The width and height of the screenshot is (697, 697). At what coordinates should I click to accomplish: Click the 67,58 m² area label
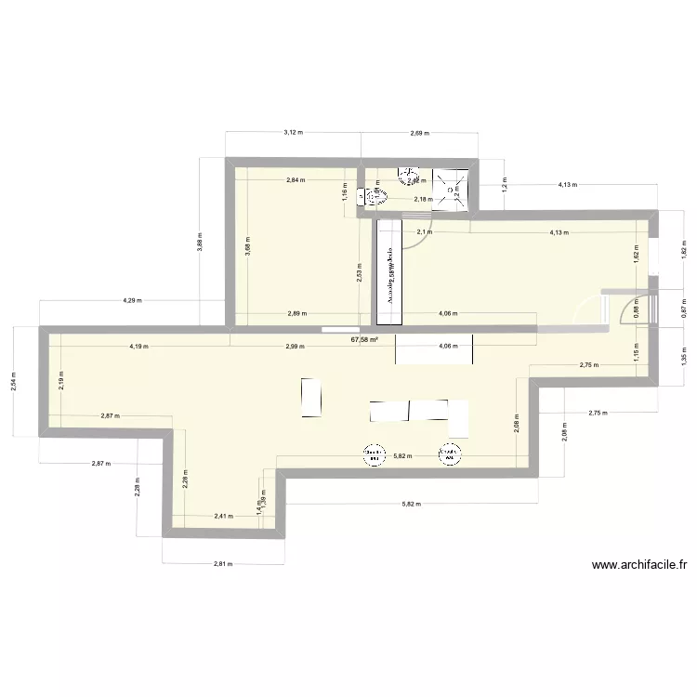click(365, 340)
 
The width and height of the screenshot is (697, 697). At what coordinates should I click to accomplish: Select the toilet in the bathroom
click(375, 196)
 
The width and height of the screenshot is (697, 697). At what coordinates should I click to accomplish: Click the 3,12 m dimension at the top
click(291, 133)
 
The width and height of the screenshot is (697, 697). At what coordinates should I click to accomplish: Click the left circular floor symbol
click(374, 454)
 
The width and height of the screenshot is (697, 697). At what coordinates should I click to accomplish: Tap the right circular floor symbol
click(450, 454)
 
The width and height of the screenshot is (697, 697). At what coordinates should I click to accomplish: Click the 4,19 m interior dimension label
click(140, 346)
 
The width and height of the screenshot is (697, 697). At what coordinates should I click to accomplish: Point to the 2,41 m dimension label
click(224, 516)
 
